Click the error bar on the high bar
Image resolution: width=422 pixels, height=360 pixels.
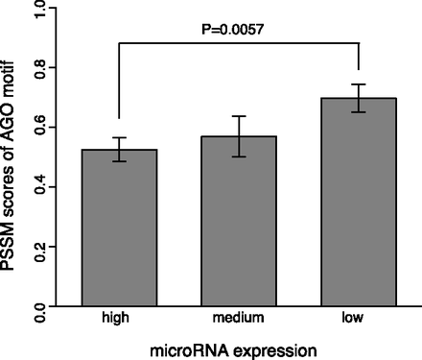click(x=120, y=149)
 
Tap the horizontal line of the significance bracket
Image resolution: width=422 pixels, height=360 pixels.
click(x=239, y=42)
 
